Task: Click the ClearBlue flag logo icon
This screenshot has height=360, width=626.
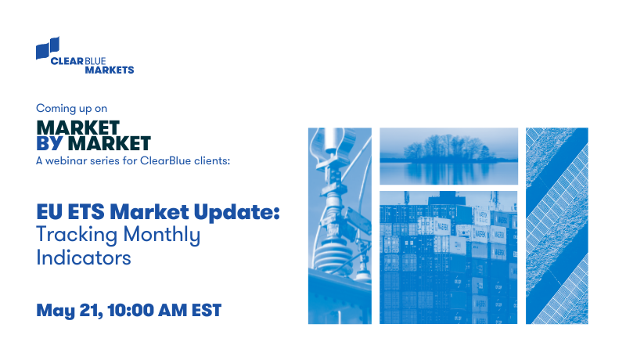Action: tap(48, 49)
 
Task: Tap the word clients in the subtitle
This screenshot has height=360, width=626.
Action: tap(211, 161)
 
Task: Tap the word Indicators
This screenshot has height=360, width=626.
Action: tap(83, 257)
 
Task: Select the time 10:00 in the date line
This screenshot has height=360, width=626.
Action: tap(129, 311)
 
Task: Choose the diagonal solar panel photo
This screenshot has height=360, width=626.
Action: tap(556, 225)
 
